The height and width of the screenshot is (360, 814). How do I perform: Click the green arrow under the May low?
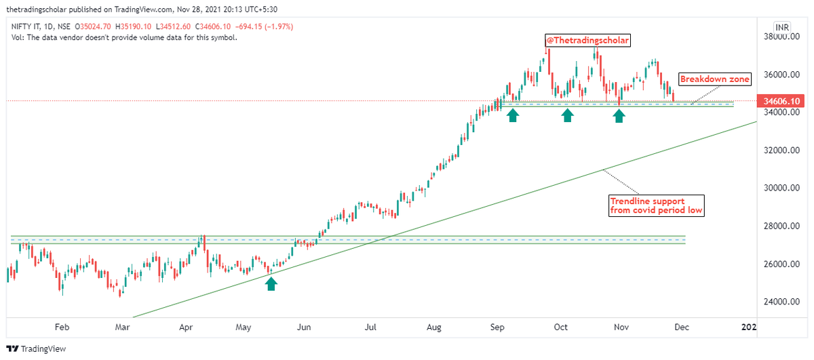[x=271, y=283]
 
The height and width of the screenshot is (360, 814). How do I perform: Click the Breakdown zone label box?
[x=715, y=79]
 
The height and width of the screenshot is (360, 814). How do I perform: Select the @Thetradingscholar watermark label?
[x=587, y=41]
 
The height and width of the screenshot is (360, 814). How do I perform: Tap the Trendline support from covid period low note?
[x=655, y=205]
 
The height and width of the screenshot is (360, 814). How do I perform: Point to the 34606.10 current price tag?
[x=786, y=101]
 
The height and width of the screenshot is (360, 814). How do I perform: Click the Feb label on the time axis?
[x=62, y=327]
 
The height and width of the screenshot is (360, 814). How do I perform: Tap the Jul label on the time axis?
[x=370, y=327]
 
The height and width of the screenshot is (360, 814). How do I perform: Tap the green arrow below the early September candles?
[x=513, y=116]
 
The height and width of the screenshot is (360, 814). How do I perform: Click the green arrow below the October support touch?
[x=568, y=116]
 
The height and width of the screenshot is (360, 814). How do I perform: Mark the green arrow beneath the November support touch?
[x=619, y=116]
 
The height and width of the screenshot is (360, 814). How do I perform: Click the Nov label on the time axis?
[x=621, y=327]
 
